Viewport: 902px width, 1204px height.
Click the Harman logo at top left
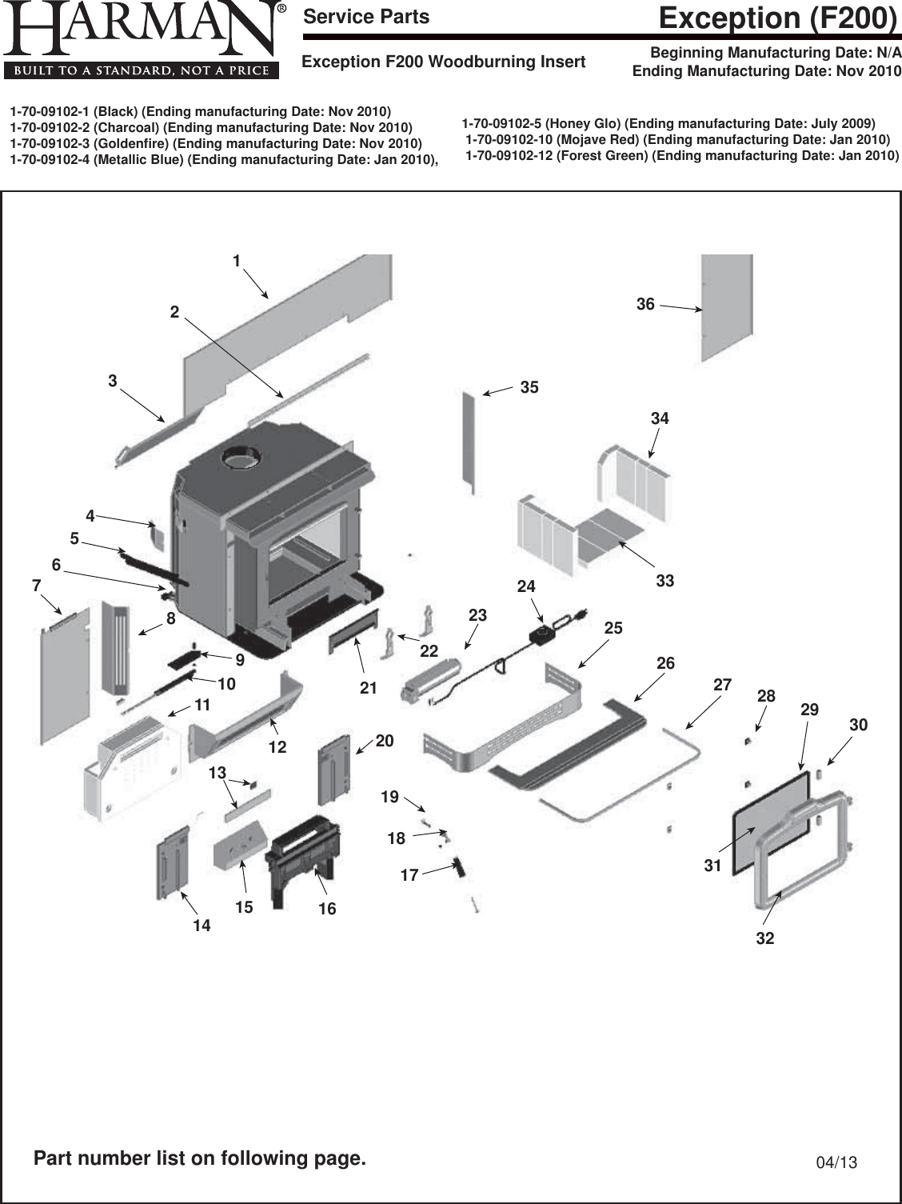(142, 40)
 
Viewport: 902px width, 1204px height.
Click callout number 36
(645, 304)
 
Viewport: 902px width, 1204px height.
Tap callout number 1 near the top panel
(237, 261)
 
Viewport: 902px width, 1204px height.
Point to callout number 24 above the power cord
(525, 586)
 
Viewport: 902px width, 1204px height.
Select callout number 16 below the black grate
(327, 909)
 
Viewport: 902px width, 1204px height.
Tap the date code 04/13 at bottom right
(836, 1162)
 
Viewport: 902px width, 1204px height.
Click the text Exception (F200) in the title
(776, 18)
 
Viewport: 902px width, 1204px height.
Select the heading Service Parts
(366, 17)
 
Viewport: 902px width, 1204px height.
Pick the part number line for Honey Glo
(669, 123)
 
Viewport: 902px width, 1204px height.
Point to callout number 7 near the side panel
(36, 586)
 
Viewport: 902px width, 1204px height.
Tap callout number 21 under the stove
(368, 687)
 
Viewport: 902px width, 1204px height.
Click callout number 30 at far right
(858, 725)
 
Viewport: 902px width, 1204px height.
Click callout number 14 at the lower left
(202, 926)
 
